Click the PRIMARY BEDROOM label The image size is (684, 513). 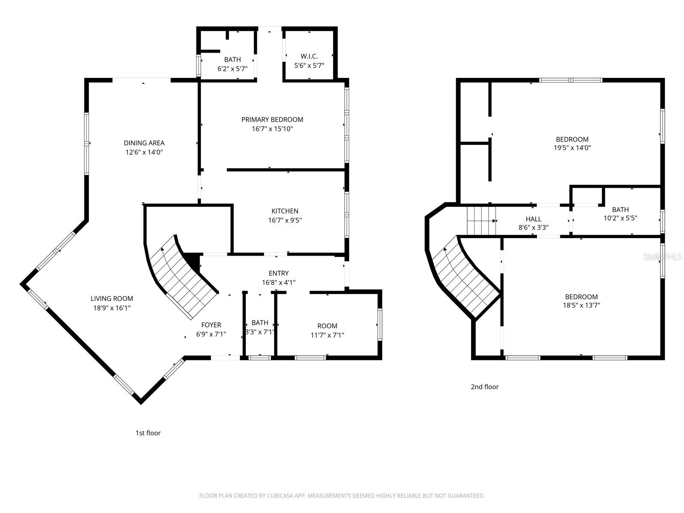click(272, 120)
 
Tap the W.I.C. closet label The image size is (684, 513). click(309, 56)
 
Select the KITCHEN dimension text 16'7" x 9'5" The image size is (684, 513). click(285, 220)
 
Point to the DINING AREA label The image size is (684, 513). click(144, 143)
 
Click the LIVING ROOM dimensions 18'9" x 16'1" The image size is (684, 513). click(112, 307)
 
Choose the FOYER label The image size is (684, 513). click(211, 325)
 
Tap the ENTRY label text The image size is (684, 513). click(278, 274)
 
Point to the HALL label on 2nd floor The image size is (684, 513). click(533, 219)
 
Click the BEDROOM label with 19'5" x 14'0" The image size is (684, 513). click(572, 139)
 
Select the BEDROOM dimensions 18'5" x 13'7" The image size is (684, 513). click(581, 305)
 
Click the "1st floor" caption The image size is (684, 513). click(148, 433)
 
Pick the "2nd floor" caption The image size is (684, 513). click(484, 387)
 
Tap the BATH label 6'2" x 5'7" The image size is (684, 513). click(232, 60)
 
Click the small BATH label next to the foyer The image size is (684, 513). click(259, 323)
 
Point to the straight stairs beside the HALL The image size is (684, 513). click(481, 221)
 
